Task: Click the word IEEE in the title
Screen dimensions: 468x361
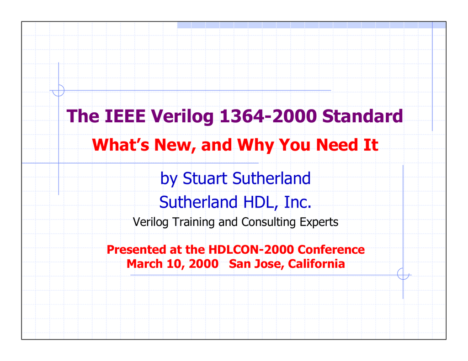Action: pyautogui.click(x=125, y=116)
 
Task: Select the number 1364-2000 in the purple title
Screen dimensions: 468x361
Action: pyautogui.click(x=268, y=116)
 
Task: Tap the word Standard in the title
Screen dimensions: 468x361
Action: pyautogui.click(x=362, y=116)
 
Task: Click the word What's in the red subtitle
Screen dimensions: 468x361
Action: pyautogui.click(x=121, y=145)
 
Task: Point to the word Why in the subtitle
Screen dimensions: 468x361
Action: pyautogui.click(x=255, y=146)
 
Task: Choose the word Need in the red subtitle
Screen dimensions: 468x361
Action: pyautogui.click(x=337, y=145)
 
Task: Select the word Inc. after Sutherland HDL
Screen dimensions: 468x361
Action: pyautogui.click(x=298, y=202)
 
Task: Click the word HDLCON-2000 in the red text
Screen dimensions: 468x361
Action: pyautogui.click(x=251, y=250)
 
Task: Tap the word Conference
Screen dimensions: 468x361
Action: pyautogui.click(x=331, y=250)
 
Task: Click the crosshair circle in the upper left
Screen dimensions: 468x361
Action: pyautogui.click(x=58, y=91)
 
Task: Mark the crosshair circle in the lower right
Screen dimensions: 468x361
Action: pyautogui.click(x=403, y=274)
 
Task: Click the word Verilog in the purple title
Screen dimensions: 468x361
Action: pyautogui.click(x=182, y=116)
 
